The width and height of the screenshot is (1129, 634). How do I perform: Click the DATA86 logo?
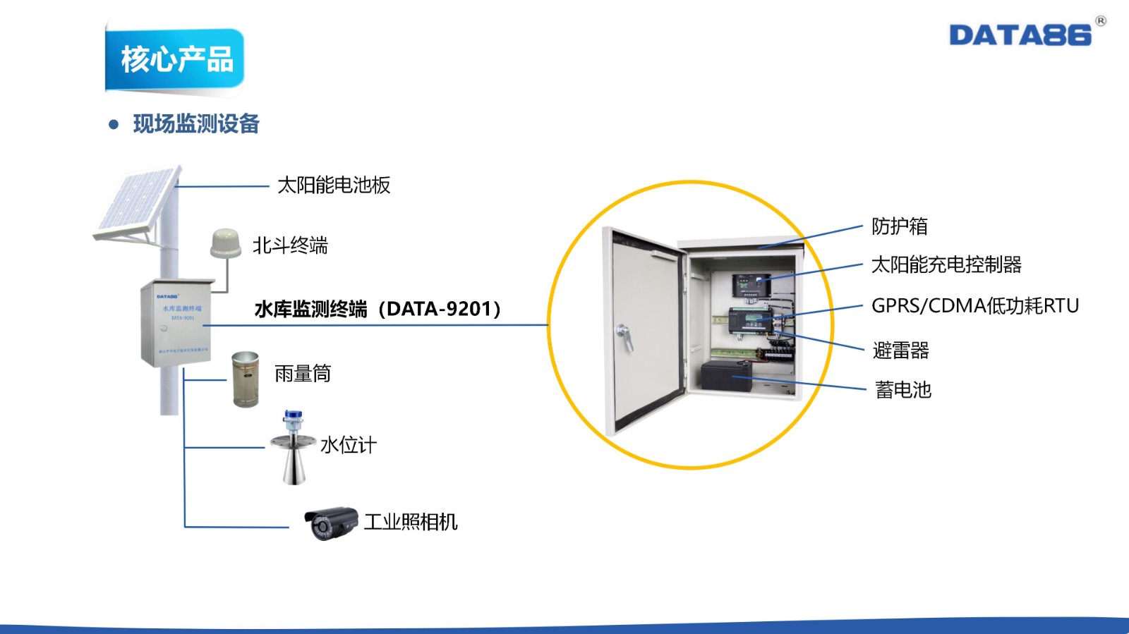pyautogui.click(x=1020, y=35)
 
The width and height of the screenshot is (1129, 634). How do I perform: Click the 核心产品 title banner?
pyautogui.click(x=176, y=59)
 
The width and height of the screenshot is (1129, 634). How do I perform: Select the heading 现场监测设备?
pyautogui.click(x=196, y=124)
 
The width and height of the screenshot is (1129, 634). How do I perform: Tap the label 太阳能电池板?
pyautogui.click(x=334, y=185)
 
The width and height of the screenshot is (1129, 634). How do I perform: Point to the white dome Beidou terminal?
pyautogui.click(x=226, y=243)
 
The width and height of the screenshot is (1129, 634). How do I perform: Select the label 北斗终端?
pyautogui.click(x=290, y=245)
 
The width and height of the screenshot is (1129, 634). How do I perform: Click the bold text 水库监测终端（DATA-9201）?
pyautogui.click(x=378, y=309)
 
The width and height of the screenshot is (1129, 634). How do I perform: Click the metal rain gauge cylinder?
pyautogui.click(x=245, y=379)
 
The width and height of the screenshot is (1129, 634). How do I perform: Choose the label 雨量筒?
pyautogui.click(x=303, y=373)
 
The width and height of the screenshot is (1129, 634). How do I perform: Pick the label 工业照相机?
pyautogui.click(x=411, y=522)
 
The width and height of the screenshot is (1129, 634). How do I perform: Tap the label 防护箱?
pyautogui.click(x=899, y=226)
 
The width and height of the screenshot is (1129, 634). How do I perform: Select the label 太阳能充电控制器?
pyautogui.click(x=946, y=265)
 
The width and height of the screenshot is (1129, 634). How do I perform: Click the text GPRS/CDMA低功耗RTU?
pyautogui.click(x=975, y=306)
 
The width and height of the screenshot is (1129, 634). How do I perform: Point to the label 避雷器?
pyautogui.click(x=900, y=350)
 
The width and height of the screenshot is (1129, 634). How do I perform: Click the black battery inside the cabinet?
pyautogui.click(x=725, y=376)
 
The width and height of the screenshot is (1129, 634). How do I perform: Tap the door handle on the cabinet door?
pyautogui.click(x=624, y=336)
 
